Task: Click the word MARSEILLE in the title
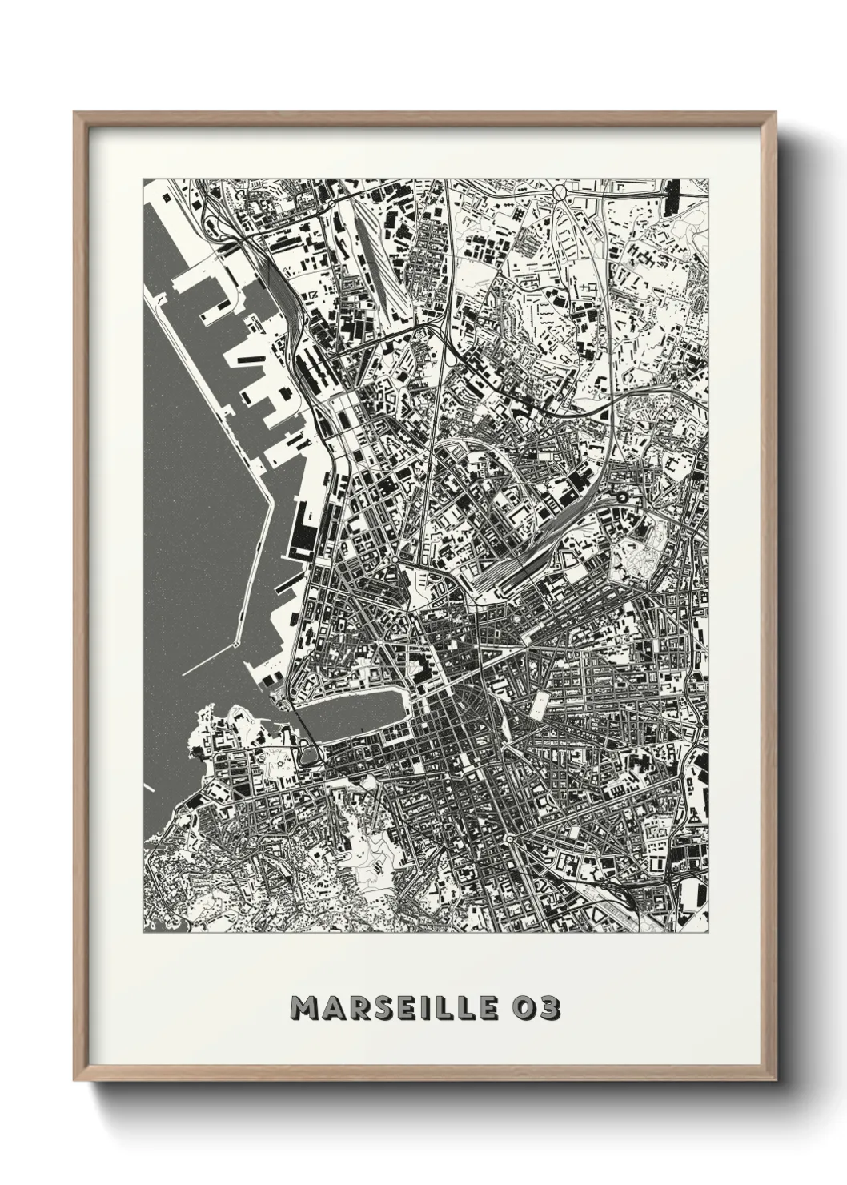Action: coord(395,1008)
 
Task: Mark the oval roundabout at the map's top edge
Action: coord(560,191)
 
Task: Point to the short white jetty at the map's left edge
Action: coord(149,786)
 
